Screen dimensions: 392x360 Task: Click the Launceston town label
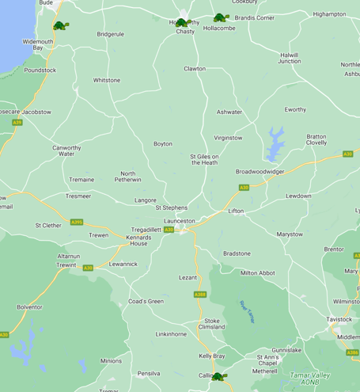pyautogui.click(x=179, y=221)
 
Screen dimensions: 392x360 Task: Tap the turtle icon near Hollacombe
pyautogui.click(x=220, y=17)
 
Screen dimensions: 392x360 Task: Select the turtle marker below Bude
pyautogui.click(x=60, y=26)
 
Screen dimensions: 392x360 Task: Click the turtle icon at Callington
pyautogui.click(x=218, y=377)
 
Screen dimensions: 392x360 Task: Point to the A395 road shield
pyautogui.click(x=76, y=223)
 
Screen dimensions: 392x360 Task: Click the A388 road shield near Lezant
pyautogui.click(x=200, y=295)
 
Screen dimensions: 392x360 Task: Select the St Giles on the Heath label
pyautogui.click(x=204, y=160)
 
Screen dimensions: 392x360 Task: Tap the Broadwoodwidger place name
pyautogui.click(x=260, y=171)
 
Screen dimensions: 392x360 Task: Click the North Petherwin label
pyautogui.click(x=127, y=177)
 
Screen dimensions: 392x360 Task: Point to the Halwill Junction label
pyautogui.click(x=290, y=58)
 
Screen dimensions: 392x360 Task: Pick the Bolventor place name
pyautogui.click(x=30, y=306)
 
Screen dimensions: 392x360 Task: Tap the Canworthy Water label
pyautogui.click(x=67, y=150)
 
